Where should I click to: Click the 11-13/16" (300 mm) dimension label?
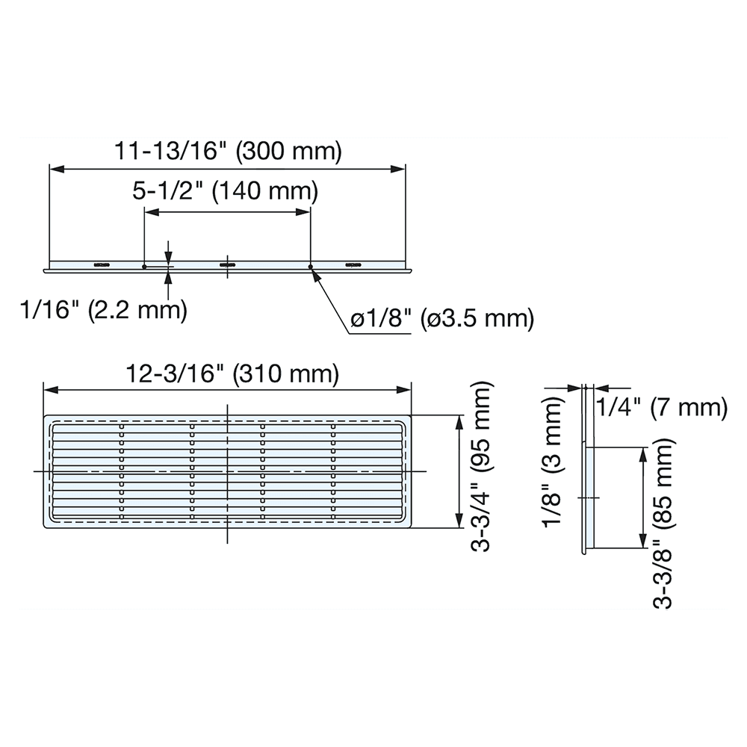coord(228,152)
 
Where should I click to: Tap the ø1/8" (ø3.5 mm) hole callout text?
coord(442,320)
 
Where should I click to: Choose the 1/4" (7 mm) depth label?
coord(662,407)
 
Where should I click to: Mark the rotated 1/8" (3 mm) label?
coord(554,462)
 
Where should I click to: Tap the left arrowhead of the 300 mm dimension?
coord(55,170)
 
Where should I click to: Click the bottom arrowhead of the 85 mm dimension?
coord(642,544)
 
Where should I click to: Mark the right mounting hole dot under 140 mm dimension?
coord(310,264)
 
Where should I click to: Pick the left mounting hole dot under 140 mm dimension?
coord(143,264)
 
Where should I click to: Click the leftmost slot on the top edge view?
coord(99,264)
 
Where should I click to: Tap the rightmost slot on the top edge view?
coord(353,264)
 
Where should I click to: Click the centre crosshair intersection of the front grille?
coord(227,472)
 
